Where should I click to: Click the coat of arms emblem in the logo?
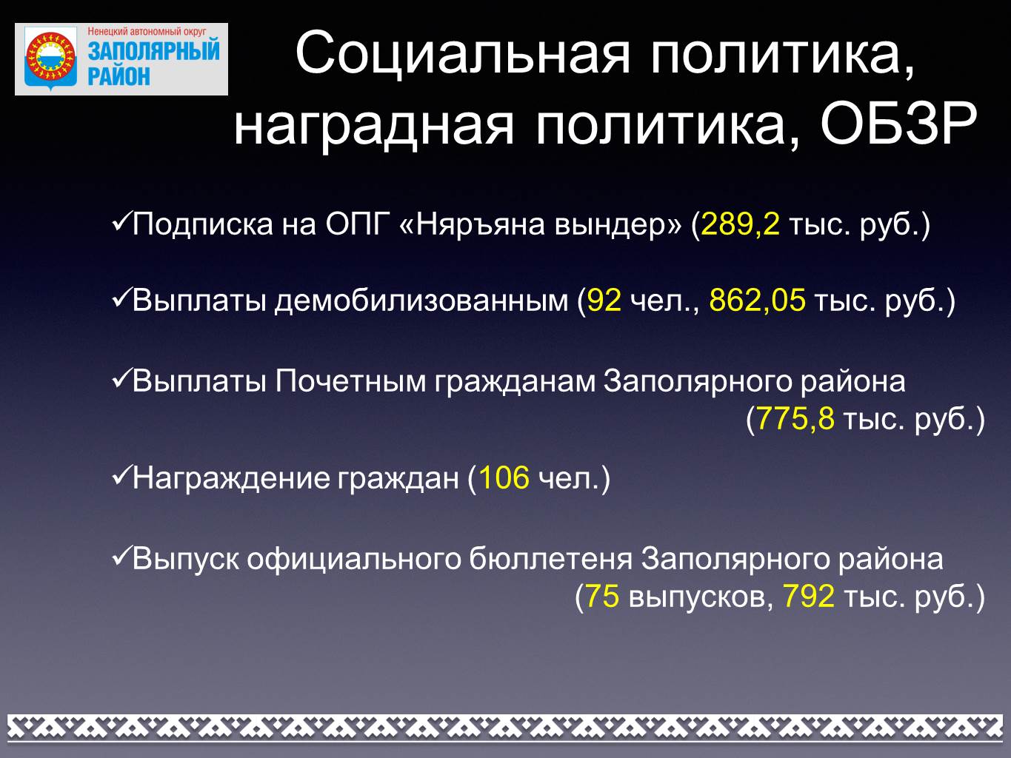click(x=50, y=58)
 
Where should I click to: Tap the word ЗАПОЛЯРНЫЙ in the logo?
click(x=154, y=51)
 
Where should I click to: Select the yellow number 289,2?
click(x=741, y=224)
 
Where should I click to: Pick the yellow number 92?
click(x=604, y=301)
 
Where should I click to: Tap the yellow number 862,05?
click(x=757, y=301)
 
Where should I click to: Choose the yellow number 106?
click(x=504, y=477)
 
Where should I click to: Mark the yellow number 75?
click(x=602, y=596)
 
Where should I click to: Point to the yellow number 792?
click(x=808, y=596)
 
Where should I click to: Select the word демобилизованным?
click(x=421, y=301)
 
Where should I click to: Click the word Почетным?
click(x=350, y=382)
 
